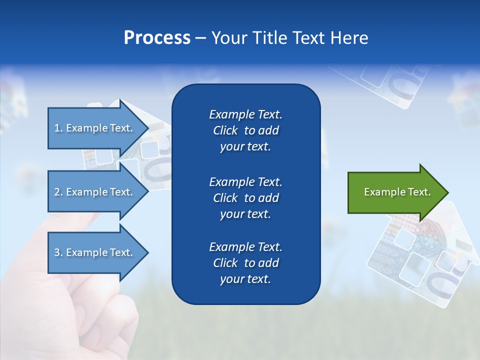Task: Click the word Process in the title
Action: click(157, 38)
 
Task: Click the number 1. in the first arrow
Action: click(58, 128)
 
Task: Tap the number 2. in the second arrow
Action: click(58, 192)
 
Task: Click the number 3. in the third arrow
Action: click(58, 252)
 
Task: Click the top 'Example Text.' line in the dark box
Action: click(245, 114)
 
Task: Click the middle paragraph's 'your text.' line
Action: click(245, 214)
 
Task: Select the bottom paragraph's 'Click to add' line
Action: click(245, 263)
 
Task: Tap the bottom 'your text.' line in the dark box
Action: click(245, 279)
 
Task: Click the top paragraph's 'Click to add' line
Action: click(245, 130)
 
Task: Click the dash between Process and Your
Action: click(200, 38)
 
